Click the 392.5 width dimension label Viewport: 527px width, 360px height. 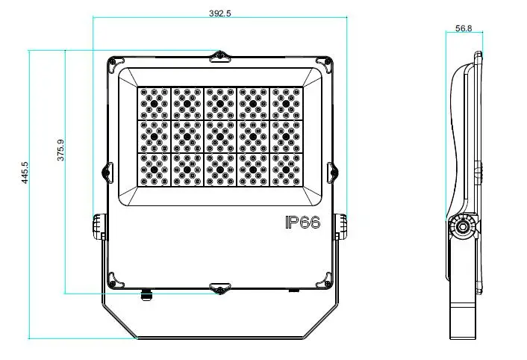point(221,13)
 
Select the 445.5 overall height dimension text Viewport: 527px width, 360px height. point(25,173)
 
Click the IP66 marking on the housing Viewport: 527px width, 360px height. point(302,222)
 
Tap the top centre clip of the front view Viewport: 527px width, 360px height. point(221,56)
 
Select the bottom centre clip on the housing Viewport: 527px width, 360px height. point(221,289)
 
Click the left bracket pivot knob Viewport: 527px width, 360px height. point(99,225)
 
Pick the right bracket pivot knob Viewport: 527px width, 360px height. point(341,225)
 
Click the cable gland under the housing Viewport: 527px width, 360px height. point(146,292)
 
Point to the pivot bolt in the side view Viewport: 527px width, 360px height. point(463,225)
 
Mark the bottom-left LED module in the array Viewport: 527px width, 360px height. point(154,170)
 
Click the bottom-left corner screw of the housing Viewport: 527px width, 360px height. point(113,279)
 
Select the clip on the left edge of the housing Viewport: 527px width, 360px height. point(105,171)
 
